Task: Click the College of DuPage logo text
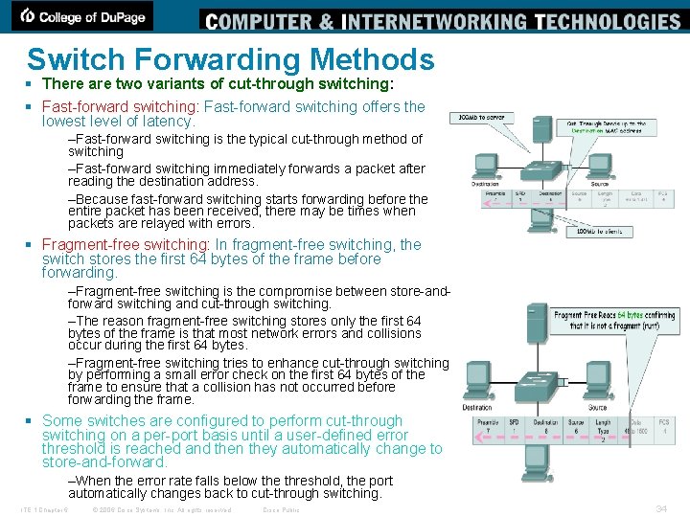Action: pyautogui.click(x=83, y=16)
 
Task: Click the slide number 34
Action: pyautogui.click(x=660, y=508)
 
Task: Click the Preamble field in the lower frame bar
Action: pyautogui.click(x=489, y=428)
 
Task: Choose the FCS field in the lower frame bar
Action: pyautogui.click(x=662, y=428)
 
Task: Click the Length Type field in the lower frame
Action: pyautogui.click(x=603, y=428)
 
